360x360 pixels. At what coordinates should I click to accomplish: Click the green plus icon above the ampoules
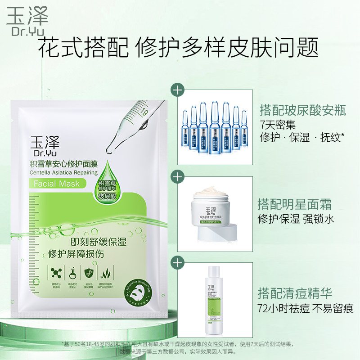coord(179,90)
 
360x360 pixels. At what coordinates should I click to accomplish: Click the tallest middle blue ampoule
coord(214,128)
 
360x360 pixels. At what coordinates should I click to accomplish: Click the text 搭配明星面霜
coord(294,204)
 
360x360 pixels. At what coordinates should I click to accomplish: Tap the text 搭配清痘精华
coord(294,294)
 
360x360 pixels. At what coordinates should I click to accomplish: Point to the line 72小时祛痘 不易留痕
coord(305,309)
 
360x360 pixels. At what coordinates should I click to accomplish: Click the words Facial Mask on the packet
coord(56,184)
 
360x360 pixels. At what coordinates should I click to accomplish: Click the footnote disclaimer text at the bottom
coord(180,348)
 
